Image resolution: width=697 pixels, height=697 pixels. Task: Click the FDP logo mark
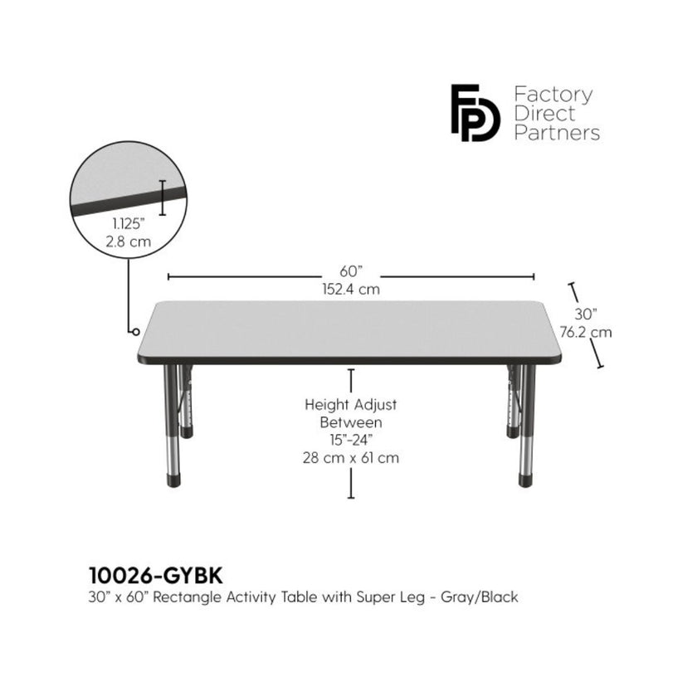(475, 113)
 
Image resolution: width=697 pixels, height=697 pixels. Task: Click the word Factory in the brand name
(553, 95)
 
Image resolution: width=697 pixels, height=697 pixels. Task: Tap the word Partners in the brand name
(557, 133)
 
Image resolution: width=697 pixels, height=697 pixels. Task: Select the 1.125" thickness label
(129, 223)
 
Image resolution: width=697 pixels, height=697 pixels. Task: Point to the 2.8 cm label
(129, 241)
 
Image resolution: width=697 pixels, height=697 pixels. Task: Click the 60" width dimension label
(351, 271)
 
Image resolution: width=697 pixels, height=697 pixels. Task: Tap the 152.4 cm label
(351, 290)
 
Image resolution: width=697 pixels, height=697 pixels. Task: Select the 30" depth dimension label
(586, 314)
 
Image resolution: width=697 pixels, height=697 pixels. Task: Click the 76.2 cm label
(586, 333)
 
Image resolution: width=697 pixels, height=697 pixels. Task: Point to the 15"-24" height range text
(351, 440)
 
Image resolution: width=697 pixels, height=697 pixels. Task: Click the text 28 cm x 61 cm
(351, 458)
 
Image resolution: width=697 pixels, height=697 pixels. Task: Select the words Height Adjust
(351, 405)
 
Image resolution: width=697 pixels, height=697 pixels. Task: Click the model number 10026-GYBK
(156, 576)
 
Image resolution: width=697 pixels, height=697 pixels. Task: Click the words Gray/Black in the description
(480, 597)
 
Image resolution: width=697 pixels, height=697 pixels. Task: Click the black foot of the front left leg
(173, 481)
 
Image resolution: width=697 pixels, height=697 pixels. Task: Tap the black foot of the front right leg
(525, 481)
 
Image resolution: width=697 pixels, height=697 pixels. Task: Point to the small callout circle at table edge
(136, 332)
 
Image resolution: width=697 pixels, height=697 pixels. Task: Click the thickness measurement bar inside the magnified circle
(163, 197)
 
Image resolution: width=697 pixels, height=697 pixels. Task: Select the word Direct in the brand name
(544, 114)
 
